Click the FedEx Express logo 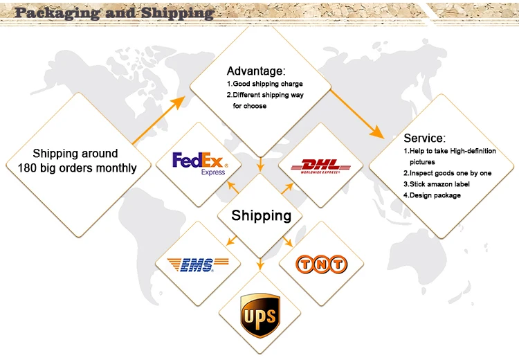click(x=199, y=163)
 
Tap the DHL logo click(x=320, y=165)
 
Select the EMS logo click(x=197, y=264)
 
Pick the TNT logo click(x=320, y=264)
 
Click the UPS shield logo click(x=259, y=316)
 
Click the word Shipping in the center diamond click(x=261, y=215)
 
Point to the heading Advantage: click(x=256, y=71)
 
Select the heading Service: click(x=424, y=138)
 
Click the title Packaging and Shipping click(x=114, y=12)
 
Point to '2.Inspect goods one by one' click(x=447, y=173)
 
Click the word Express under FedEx click(x=212, y=172)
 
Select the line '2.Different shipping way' click(x=268, y=96)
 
